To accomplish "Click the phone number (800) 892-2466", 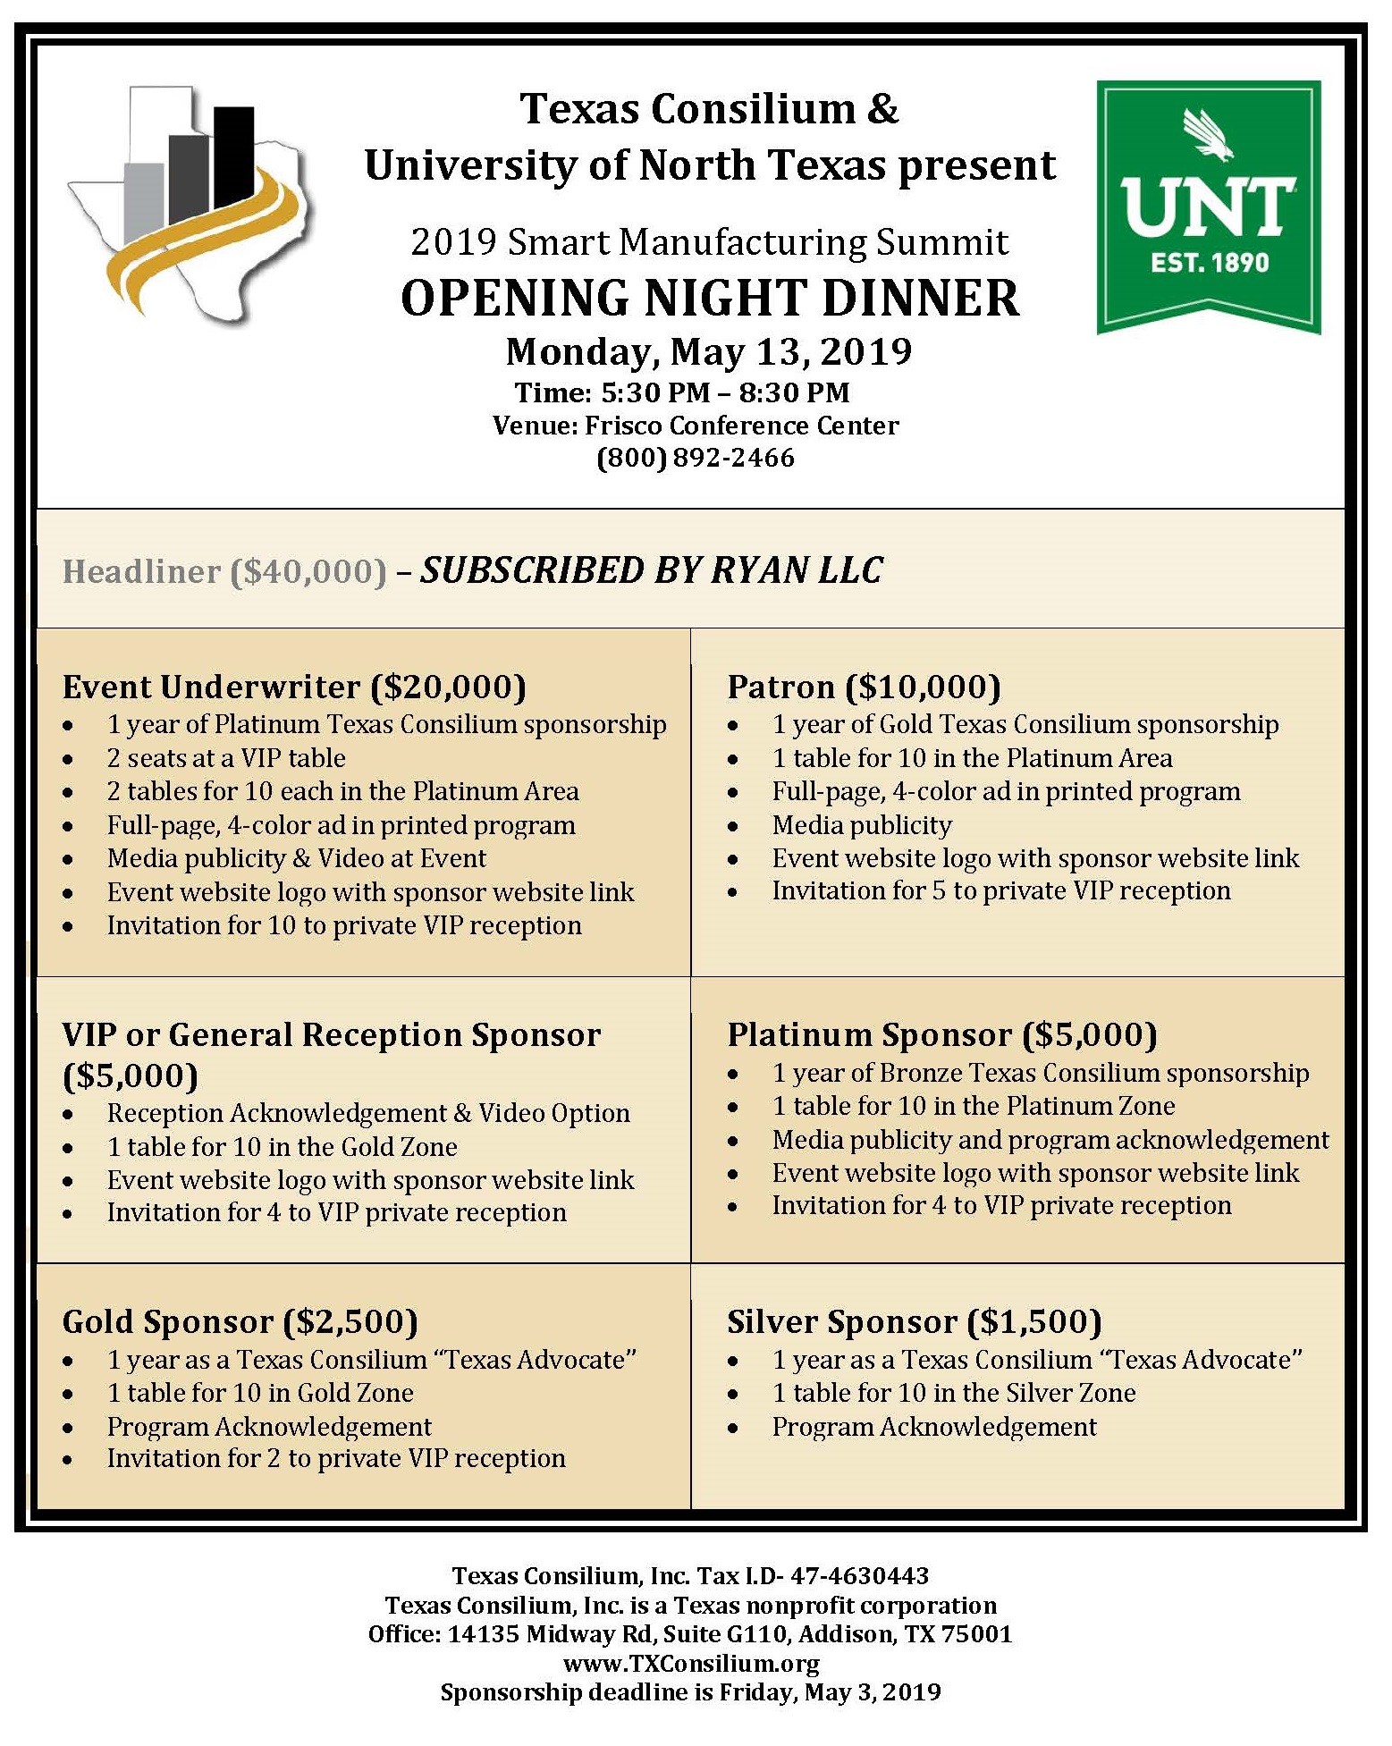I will click(x=696, y=458).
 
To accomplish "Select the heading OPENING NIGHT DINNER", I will click(x=709, y=298).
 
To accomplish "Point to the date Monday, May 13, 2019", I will click(x=709, y=351).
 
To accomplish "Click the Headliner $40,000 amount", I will click(x=308, y=571).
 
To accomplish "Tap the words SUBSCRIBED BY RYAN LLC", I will click(x=652, y=570).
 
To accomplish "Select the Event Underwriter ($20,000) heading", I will click(x=294, y=687).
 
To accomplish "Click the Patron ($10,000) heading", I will click(x=864, y=687).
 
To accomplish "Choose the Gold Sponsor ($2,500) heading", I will click(x=240, y=1321).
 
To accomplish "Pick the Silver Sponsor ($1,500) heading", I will click(x=914, y=1321).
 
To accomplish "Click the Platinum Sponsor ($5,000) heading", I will click(x=942, y=1034).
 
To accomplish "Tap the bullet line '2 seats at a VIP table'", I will click(x=226, y=758).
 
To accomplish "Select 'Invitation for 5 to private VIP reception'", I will click(x=1001, y=890).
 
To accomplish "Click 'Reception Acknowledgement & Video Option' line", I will click(x=368, y=1113).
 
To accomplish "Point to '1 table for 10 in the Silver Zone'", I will click(x=954, y=1393).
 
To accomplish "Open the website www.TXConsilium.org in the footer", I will click(x=691, y=1664).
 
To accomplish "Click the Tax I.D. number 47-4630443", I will click(x=859, y=1575).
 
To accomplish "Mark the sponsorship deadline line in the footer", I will click(x=690, y=1692).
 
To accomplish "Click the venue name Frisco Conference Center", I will click(x=741, y=426).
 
